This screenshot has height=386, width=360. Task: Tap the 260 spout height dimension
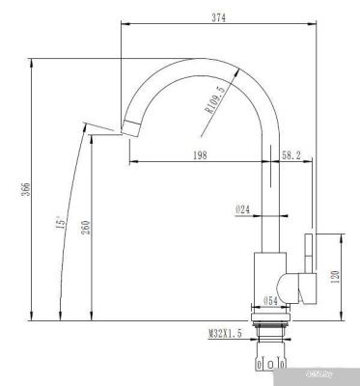click(x=86, y=229)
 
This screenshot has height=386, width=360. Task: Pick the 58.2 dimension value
click(x=292, y=153)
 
